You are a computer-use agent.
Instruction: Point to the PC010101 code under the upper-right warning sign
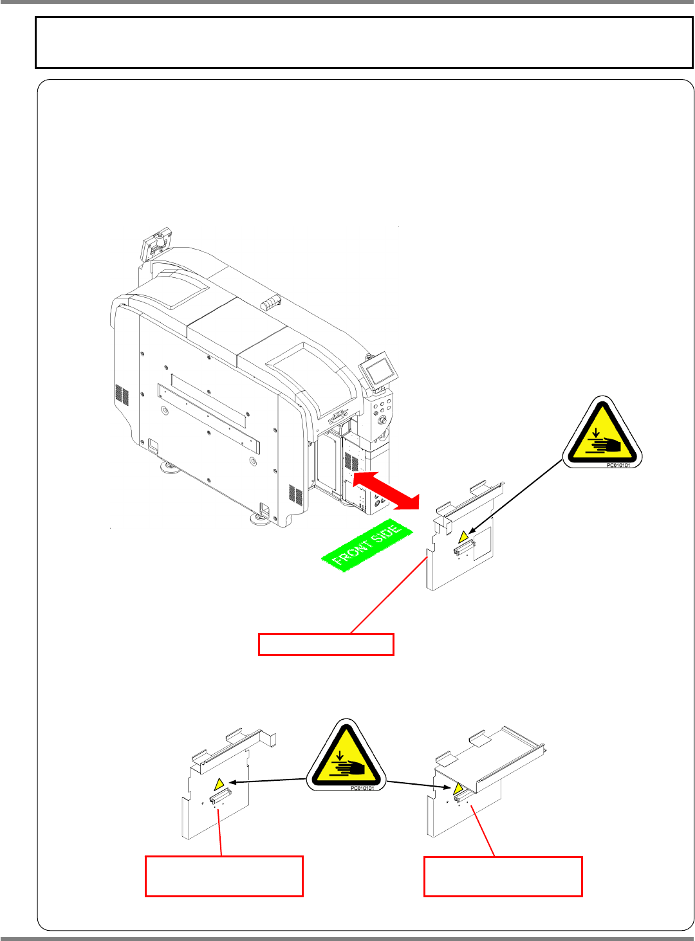point(618,465)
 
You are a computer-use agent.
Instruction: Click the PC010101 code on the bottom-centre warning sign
point(362,788)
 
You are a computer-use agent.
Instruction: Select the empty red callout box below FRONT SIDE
point(326,644)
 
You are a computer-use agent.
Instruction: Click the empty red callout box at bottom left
point(224,875)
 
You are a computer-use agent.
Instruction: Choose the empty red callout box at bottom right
point(503,876)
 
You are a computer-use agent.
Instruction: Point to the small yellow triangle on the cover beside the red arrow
point(463,536)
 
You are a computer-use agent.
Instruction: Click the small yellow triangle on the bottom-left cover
point(219,784)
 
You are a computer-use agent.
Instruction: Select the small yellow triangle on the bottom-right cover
point(458,789)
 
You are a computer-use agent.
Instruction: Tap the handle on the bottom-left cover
point(219,797)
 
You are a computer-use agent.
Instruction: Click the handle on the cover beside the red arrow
point(465,547)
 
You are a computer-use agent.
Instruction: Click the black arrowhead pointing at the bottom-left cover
point(233,782)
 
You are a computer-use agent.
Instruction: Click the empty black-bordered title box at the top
point(364,42)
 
